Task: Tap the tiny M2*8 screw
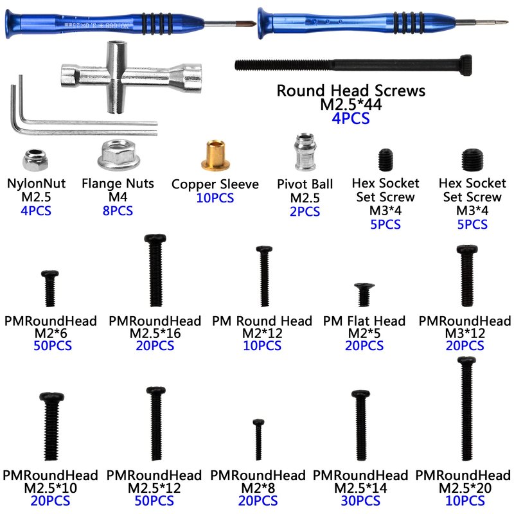pos(258,435)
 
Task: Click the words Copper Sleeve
pos(215,184)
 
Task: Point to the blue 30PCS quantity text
pos(360,501)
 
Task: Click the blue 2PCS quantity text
pos(305,211)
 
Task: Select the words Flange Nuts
pos(118,183)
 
